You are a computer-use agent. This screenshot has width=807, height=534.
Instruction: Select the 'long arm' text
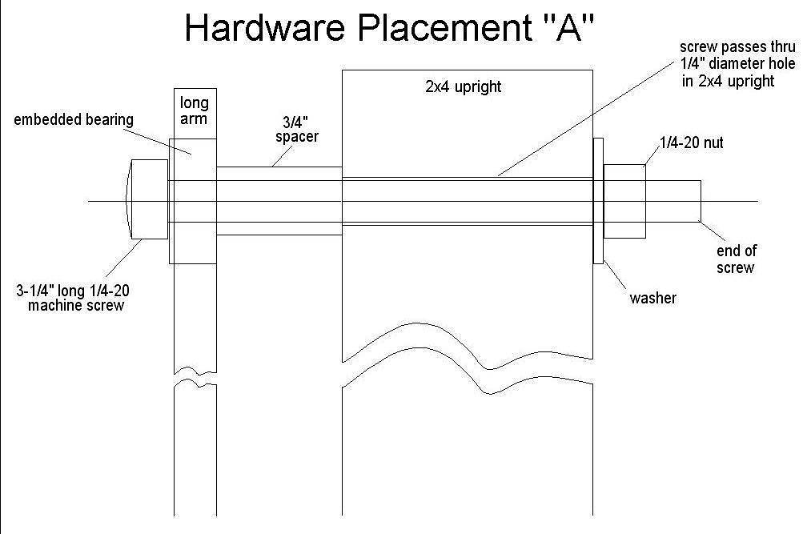[194, 110]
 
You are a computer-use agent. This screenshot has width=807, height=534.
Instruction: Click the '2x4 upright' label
[464, 86]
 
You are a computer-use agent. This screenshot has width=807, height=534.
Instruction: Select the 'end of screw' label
[737, 259]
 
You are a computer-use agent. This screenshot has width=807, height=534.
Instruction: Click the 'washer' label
[653, 298]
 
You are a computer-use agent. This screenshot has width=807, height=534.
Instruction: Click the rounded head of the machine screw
[146, 200]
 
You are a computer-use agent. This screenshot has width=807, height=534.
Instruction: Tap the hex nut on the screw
[624, 200]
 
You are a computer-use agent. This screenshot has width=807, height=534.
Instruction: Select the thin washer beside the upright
[597, 200]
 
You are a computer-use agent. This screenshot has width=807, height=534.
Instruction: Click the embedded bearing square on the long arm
[192, 200]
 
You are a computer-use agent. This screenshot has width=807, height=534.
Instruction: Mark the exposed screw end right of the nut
[674, 200]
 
